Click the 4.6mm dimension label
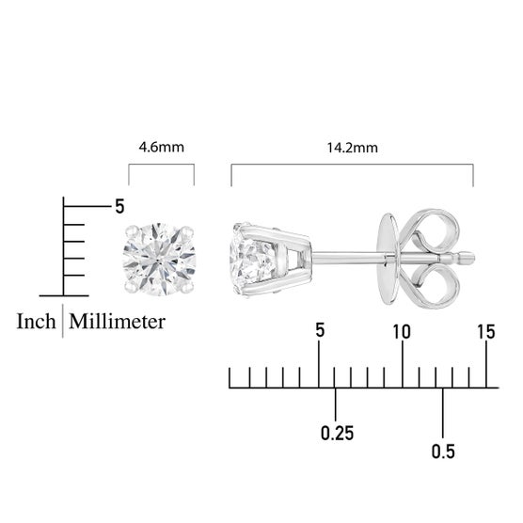coord(162,147)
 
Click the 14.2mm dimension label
coord(352,148)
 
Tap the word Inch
coord(36,322)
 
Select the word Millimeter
coord(117,322)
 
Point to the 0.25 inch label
coord(337,433)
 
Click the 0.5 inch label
coord(443,452)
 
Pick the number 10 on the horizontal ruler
coord(402,332)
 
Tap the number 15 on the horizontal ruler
coord(486,332)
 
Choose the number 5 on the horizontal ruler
coord(320,330)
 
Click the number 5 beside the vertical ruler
coord(119,206)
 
